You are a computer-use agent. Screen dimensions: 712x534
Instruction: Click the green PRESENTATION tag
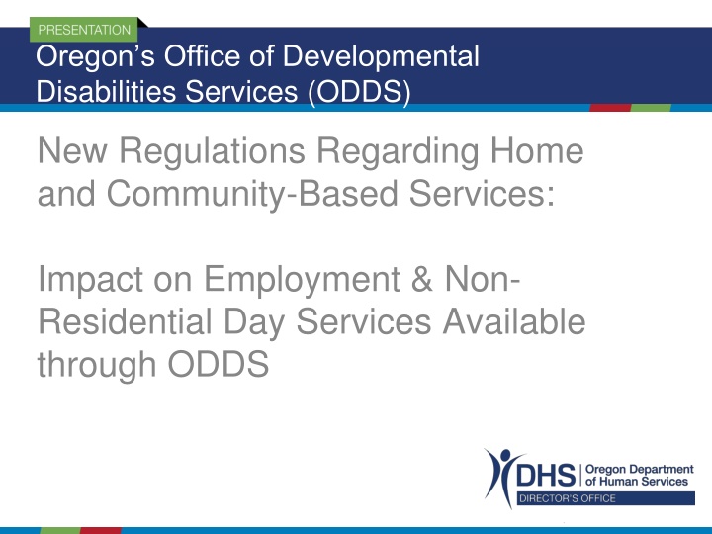click(83, 30)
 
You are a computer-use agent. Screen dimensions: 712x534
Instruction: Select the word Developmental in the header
click(381, 57)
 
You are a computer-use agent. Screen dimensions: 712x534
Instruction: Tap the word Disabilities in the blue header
click(106, 91)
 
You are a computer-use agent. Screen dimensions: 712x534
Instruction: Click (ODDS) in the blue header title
click(359, 92)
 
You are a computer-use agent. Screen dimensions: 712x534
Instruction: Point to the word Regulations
click(212, 152)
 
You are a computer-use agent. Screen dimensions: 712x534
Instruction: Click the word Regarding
click(398, 152)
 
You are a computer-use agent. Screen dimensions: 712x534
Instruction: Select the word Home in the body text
click(537, 150)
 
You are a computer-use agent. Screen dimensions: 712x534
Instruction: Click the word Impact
click(90, 280)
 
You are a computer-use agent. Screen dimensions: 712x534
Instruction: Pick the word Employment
click(302, 280)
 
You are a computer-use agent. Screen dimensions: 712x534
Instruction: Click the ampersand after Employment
click(422, 278)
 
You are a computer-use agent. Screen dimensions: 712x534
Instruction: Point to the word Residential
click(126, 321)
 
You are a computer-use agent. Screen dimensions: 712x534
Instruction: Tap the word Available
click(514, 321)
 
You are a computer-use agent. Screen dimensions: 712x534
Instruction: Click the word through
click(97, 365)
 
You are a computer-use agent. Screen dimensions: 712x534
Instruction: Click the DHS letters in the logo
click(546, 475)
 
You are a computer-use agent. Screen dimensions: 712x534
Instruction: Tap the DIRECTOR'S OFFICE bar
click(606, 498)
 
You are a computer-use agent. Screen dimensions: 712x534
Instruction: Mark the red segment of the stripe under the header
click(611, 108)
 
